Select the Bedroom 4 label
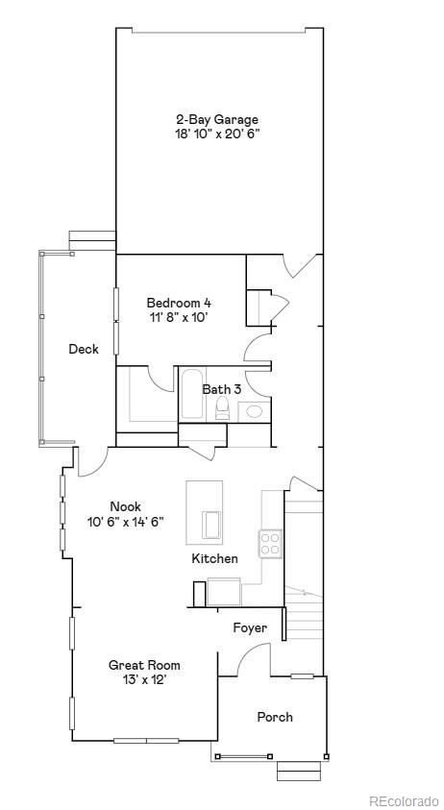pyautogui.click(x=178, y=302)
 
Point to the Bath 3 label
pyautogui.click(x=221, y=389)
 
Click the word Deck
pyautogui.click(x=84, y=350)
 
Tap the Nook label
pyautogui.click(x=125, y=506)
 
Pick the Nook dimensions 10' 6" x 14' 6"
pyautogui.click(x=125, y=522)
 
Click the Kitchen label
pyautogui.click(x=214, y=558)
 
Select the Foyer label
pyautogui.click(x=250, y=628)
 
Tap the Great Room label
pyautogui.click(x=144, y=665)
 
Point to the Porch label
pyautogui.click(x=275, y=717)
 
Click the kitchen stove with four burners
pyautogui.click(x=270, y=544)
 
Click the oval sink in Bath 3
pyautogui.click(x=253, y=411)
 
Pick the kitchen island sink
pyautogui.click(x=211, y=525)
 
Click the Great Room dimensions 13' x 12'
pyautogui.click(x=144, y=679)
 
